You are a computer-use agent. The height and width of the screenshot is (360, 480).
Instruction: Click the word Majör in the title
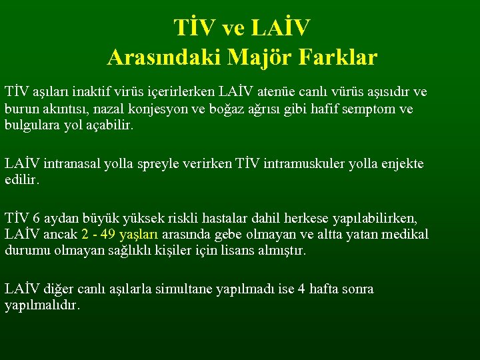pos(262,57)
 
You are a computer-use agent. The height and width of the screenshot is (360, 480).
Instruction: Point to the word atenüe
pos(275,91)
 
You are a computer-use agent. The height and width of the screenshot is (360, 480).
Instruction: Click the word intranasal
pos(72,163)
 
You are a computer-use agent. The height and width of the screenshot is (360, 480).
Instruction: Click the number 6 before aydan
pos(38,218)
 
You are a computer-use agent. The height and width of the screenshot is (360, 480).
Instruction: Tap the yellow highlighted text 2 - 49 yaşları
pos(120,235)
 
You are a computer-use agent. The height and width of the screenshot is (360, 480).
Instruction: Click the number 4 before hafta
pos(303,289)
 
